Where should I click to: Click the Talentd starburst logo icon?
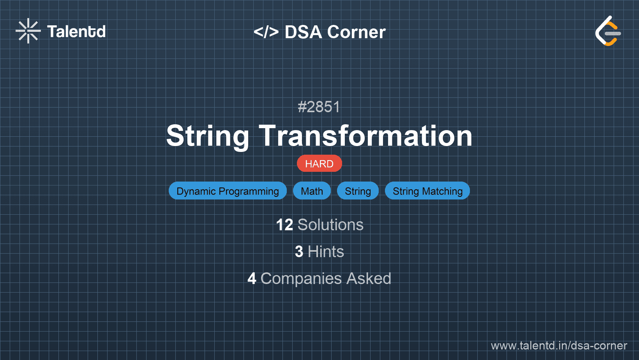pyautogui.click(x=28, y=31)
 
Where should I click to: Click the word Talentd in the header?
pyautogui.click(x=76, y=32)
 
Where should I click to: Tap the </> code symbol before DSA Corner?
pyautogui.click(x=266, y=32)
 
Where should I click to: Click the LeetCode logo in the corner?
pyautogui.click(x=608, y=31)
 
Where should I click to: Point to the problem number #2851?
pyautogui.click(x=319, y=107)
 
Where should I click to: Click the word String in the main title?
pyautogui.click(x=208, y=136)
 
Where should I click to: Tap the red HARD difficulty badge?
pyautogui.click(x=319, y=164)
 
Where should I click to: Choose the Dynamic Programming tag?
pyautogui.click(x=228, y=191)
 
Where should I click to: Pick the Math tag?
pyautogui.click(x=312, y=191)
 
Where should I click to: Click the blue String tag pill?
pyautogui.click(x=358, y=191)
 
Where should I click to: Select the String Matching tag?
pyautogui.click(x=427, y=191)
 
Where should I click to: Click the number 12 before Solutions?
pyautogui.click(x=284, y=225)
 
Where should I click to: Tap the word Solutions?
pyautogui.click(x=330, y=225)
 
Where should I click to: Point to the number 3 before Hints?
pyautogui.click(x=299, y=252)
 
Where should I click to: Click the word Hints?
pyautogui.click(x=326, y=252)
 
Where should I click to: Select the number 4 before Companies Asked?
pyautogui.click(x=252, y=279)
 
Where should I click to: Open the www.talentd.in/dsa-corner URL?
pyautogui.click(x=559, y=346)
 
